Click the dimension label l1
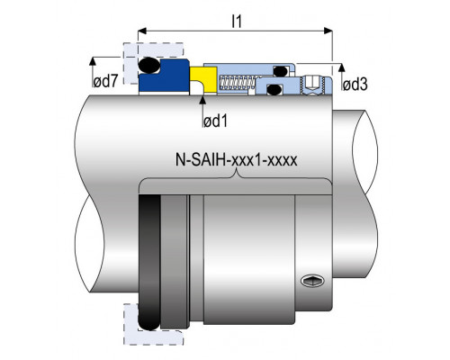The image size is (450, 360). coord(237,22)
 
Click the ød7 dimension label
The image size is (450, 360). coord(105,82)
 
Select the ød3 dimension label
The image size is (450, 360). coord(355,85)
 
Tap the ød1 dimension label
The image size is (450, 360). coord(215,121)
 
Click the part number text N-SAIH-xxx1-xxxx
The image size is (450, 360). coord(237,160)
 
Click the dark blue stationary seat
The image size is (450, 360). coord(164,76)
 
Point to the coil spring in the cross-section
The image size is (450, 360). coord(237,83)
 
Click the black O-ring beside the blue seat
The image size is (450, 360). coord(149,65)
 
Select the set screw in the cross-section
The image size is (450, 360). coord(313,85)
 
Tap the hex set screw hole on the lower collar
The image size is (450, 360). coord(312,281)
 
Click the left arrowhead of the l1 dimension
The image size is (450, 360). coord(142,31)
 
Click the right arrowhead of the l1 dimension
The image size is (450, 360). coord(328,31)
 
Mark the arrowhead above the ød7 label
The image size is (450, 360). coord(93,60)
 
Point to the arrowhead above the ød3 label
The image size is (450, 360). coord(341,67)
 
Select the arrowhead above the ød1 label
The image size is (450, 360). coord(202,99)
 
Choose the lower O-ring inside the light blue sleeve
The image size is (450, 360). coord(274,89)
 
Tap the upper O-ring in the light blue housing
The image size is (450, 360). coord(281,71)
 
